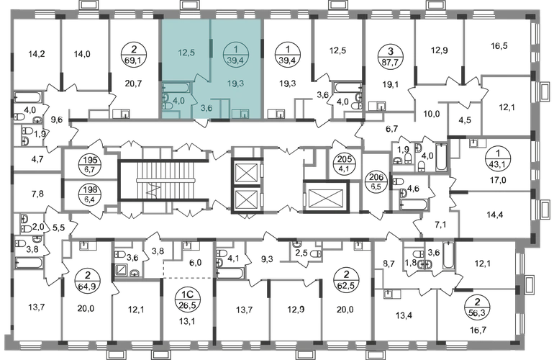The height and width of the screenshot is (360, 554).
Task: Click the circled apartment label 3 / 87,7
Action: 391,55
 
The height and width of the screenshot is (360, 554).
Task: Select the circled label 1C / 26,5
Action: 187,300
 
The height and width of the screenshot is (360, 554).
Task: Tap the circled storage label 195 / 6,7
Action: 91,165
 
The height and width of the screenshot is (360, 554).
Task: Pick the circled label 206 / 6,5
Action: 376,182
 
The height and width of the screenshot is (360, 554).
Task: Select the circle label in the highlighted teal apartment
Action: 235,55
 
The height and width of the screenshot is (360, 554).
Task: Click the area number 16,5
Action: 499,45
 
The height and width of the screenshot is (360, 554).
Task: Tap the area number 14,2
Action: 37,54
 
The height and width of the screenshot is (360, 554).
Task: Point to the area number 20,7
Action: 134,84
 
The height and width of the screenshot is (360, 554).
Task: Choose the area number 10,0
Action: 432,114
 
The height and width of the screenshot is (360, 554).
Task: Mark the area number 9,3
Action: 267,260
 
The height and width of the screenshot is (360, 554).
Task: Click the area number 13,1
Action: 187,321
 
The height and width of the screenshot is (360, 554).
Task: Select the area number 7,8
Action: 37,194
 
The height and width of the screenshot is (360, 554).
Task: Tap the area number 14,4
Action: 495,215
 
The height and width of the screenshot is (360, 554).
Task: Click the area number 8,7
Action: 389,263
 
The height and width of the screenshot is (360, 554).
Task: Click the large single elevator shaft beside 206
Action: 326,197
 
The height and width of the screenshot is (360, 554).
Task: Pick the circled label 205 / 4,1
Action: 342,164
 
